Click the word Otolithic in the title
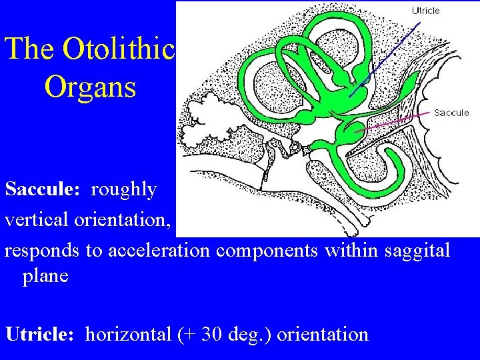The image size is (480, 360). click(118, 49)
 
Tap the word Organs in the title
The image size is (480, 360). click(90, 87)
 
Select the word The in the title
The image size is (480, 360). click(31, 49)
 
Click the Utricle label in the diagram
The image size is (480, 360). click(425, 11)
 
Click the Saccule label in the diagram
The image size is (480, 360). click(451, 113)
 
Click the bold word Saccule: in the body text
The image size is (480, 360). click(43, 189)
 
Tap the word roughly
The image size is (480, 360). click(123, 190)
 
